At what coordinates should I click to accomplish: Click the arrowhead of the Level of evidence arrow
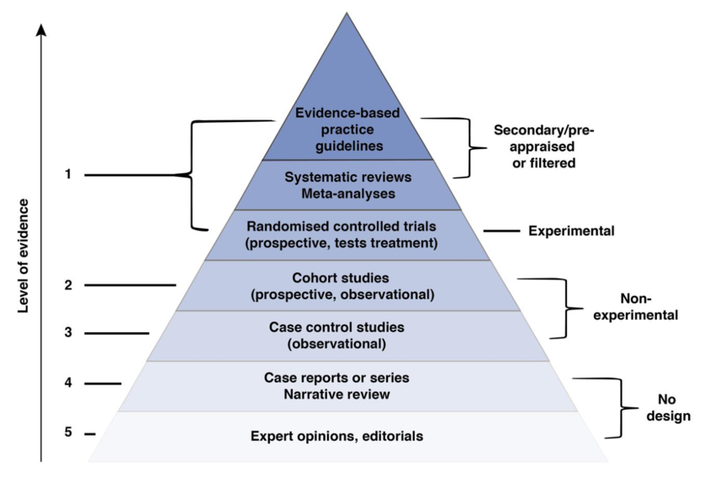tap(40, 31)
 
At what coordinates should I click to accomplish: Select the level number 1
tap(68, 175)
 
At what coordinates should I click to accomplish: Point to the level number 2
tap(68, 284)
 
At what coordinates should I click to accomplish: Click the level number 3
tap(68, 332)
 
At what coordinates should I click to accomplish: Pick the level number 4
tap(68, 384)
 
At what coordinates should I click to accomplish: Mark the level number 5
tap(68, 433)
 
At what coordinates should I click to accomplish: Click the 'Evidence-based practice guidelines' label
tap(340, 128)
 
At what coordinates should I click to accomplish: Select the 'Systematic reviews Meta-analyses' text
tap(347, 185)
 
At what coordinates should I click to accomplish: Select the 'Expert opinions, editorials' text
tap(348, 437)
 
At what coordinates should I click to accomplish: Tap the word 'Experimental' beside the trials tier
tap(571, 231)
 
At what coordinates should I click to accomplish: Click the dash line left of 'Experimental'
tap(500, 231)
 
